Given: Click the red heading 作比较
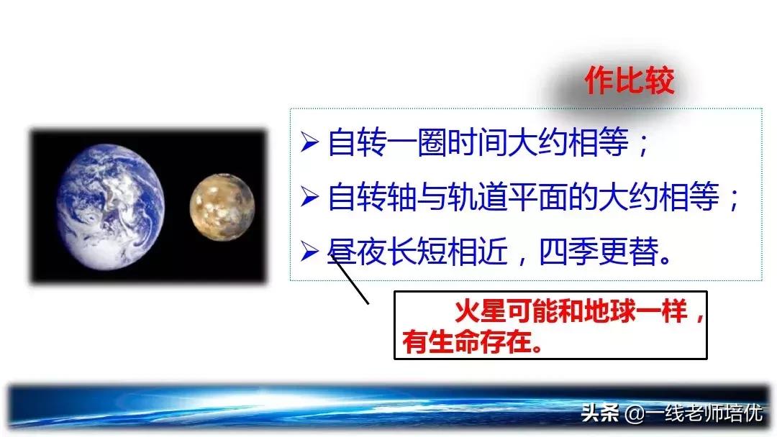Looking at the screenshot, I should point(630,81).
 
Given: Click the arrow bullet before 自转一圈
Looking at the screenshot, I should point(309,143).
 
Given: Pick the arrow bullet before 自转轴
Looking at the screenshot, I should point(309,197).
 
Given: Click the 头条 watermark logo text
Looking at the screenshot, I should point(596,414).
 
